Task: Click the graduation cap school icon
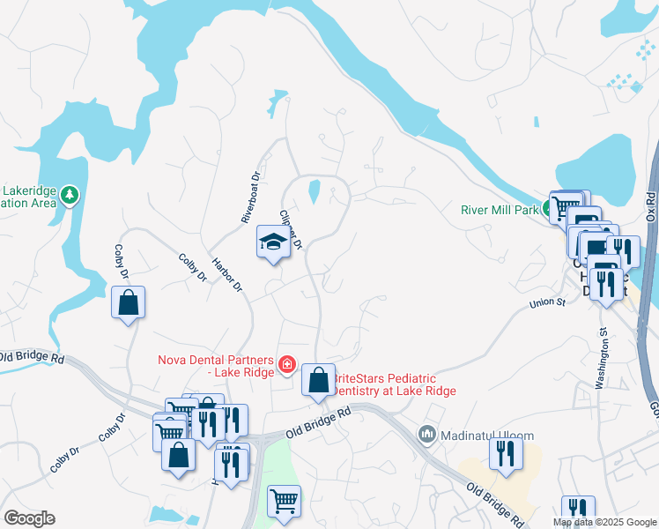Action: pyautogui.click(x=273, y=242)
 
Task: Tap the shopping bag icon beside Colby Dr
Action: pyautogui.click(x=129, y=302)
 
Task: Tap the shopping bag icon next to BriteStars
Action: pyautogui.click(x=319, y=381)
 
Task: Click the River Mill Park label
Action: pyautogui.click(x=499, y=210)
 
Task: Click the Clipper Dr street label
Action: pyautogui.click(x=291, y=229)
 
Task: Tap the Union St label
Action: pyautogui.click(x=546, y=303)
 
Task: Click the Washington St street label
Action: pyautogui.click(x=602, y=358)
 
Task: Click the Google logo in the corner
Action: pyautogui.click(x=29, y=518)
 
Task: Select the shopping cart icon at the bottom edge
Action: pyautogui.click(x=284, y=502)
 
